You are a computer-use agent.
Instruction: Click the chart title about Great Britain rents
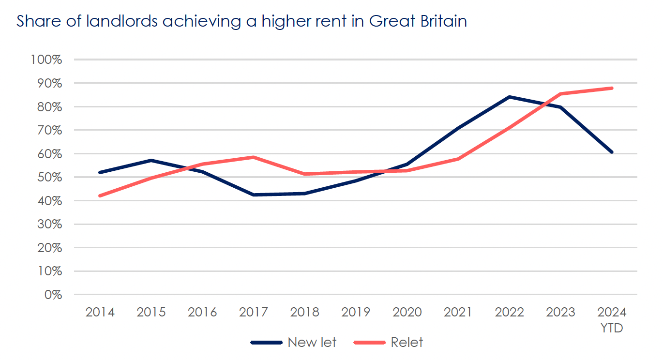tap(242, 22)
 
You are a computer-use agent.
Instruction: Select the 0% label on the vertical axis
tap(53, 295)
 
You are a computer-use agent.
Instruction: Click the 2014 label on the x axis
tap(100, 312)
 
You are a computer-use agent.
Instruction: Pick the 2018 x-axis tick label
tap(305, 312)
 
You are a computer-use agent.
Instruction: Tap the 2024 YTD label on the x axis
tap(612, 319)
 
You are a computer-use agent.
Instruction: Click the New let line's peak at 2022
tap(510, 97)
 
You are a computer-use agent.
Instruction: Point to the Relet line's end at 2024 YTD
tap(612, 88)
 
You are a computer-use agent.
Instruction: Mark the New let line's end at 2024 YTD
tap(612, 152)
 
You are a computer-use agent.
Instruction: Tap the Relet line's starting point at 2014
tap(100, 195)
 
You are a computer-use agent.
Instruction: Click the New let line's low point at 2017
tap(254, 195)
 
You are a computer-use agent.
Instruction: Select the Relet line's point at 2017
tap(254, 157)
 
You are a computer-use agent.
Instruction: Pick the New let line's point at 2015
tap(151, 160)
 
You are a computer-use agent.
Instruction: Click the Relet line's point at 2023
tap(561, 94)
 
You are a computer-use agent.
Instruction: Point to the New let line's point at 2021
tap(458, 128)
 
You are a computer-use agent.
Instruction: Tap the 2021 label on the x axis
tap(458, 312)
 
